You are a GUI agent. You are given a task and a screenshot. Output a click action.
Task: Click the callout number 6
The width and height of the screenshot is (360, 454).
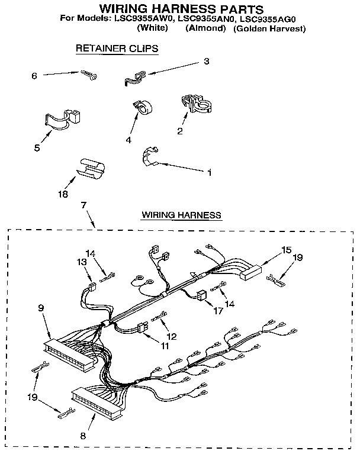tap(34, 76)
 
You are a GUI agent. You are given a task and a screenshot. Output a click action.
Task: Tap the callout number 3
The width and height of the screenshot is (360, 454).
tap(206, 61)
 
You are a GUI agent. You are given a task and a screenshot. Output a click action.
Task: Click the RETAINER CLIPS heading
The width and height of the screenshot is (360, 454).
tap(117, 49)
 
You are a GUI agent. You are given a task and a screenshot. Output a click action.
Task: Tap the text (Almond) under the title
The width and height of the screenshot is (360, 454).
tap(204, 28)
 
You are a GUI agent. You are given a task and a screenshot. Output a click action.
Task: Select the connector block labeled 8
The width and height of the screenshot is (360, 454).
tap(98, 400)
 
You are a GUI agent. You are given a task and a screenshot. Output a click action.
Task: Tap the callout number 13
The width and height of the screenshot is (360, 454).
tap(81, 262)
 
